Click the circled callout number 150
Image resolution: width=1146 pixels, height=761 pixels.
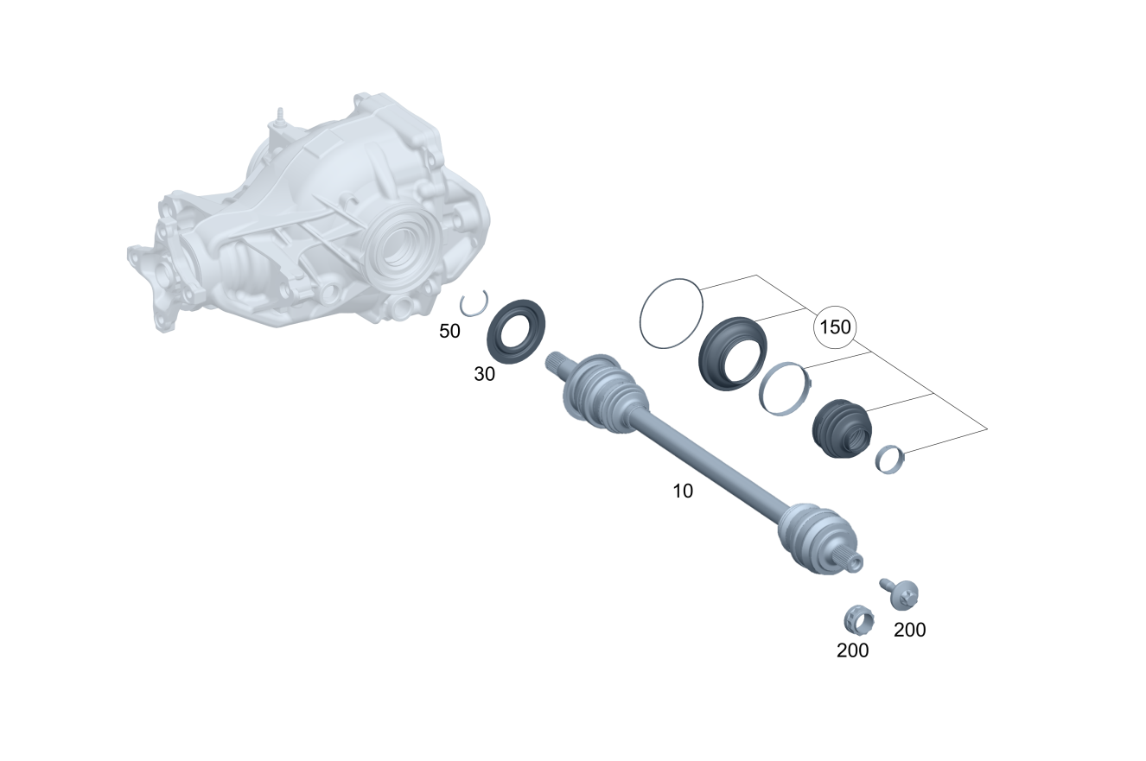pos(835,327)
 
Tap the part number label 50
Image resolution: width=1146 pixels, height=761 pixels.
pos(449,332)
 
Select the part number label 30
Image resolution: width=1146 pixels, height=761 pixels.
pos(485,374)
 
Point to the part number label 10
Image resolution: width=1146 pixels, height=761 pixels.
pos(683,491)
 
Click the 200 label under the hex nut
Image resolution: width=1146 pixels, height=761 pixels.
pos(853,650)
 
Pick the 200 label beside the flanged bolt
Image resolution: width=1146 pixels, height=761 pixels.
pos(910,630)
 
